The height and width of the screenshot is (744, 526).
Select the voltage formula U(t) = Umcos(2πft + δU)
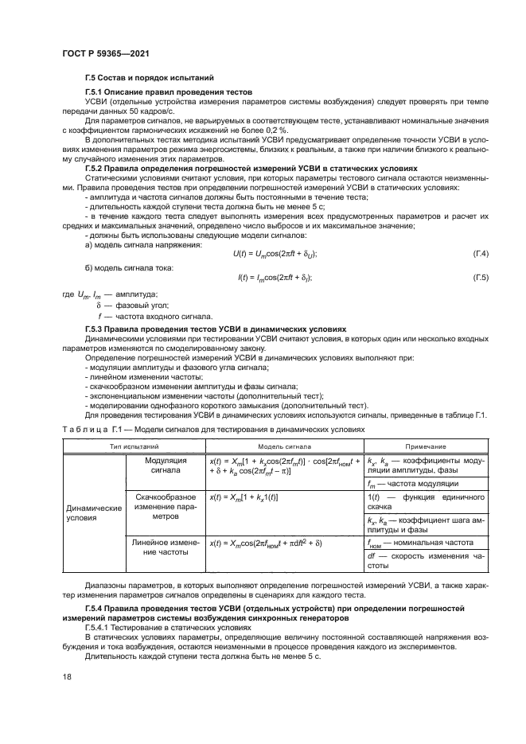click(x=263, y=253)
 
